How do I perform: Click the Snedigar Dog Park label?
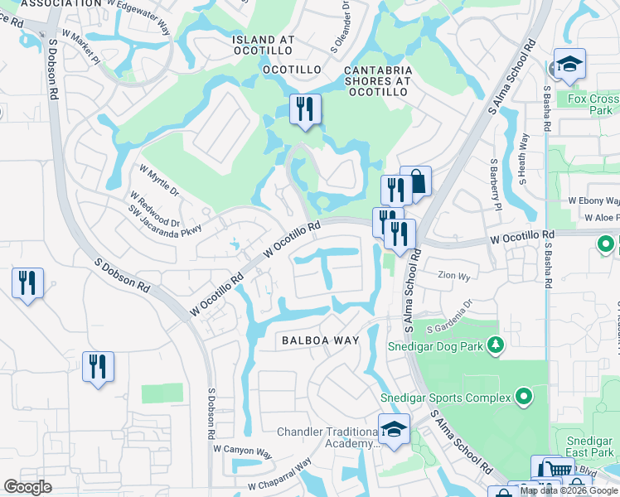click(435, 345)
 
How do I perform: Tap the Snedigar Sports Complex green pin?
click(522, 398)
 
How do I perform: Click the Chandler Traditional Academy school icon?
click(394, 430)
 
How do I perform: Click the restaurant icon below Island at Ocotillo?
click(304, 109)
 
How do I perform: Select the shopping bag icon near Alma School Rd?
click(417, 181)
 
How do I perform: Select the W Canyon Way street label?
click(243, 451)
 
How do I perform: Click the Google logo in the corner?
click(27, 487)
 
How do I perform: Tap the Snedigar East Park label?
click(589, 447)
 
